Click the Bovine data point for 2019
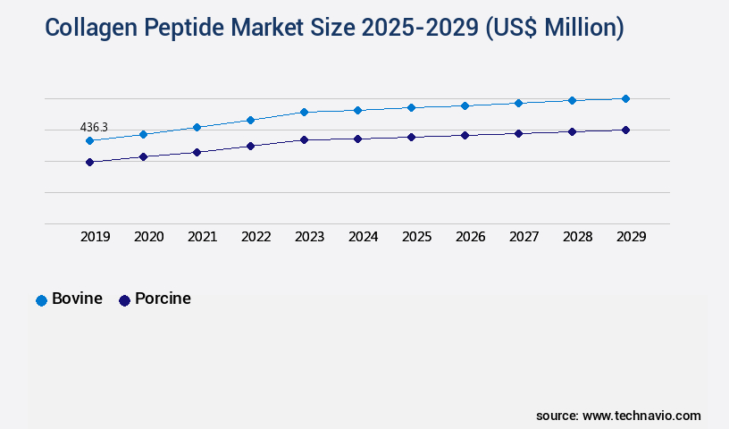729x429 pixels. pyautogui.click(x=89, y=140)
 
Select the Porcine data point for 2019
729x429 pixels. pyautogui.click(x=89, y=162)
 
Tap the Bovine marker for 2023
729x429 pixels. pyautogui.click(x=304, y=112)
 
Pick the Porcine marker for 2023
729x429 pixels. pyautogui.click(x=304, y=139)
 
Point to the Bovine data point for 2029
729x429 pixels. pyautogui.click(x=625, y=98)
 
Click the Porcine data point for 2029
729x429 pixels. pyautogui.click(x=625, y=130)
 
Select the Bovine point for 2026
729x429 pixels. pyautogui.click(x=465, y=105)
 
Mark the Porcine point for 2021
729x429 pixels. pyautogui.click(x=197, y=152)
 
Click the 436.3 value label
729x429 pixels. pyautogui.click(x=94, y=128)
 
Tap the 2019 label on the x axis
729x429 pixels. pyautogui.click(x=96, y=237)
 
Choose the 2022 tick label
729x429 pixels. pyautogui.click(x=256, y=237)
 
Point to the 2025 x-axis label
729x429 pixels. pyautogui.click(x=417, y=237)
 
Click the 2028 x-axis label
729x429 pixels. pyautogui.click(x=578, y=237)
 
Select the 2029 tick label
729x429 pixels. pyautogui.click(x=632, y=237)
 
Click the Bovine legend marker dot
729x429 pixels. pyautogui.click(x=41, y=300)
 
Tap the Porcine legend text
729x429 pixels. pyautogui.click(x=163, y=299)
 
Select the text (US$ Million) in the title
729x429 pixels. pyautogui.click(x=554, y=29)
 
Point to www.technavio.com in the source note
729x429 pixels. pyautogui.click(x=641, y=416)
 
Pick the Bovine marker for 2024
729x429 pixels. pyautogui.click(x=357, y=110)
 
